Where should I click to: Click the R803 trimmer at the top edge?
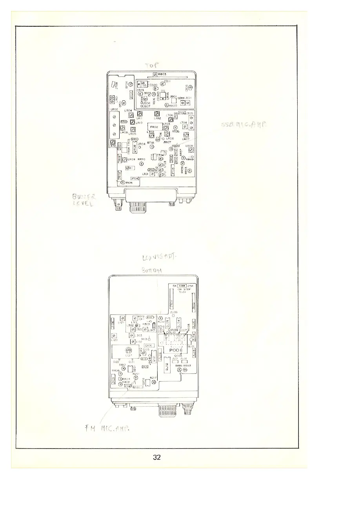coord(155,75)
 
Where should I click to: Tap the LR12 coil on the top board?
coord(156,114)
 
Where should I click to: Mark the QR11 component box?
coord(130,168)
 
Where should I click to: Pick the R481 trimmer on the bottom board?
coord(179,370)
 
